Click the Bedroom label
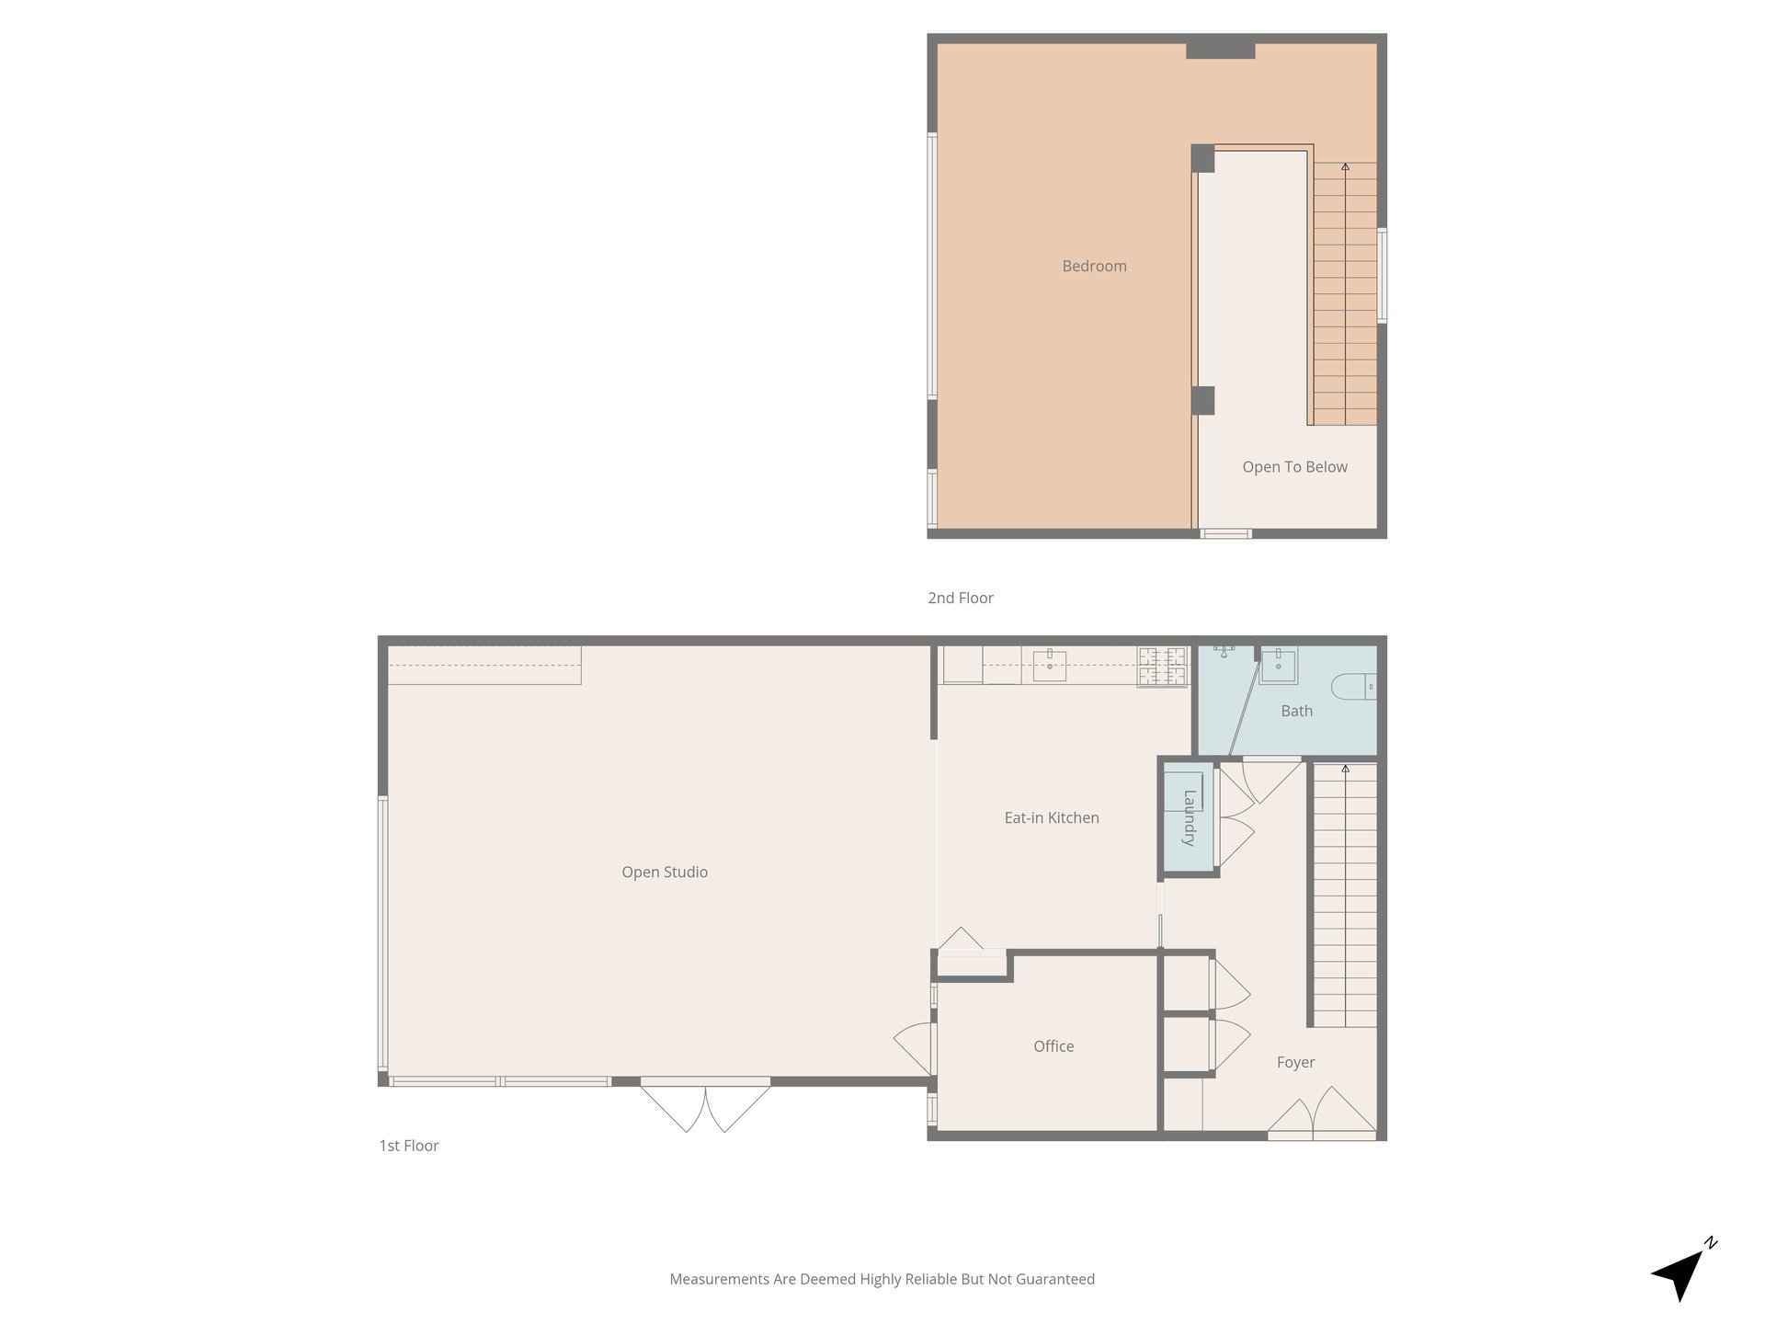(1094, 267)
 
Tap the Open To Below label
(1294, 467)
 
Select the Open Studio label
(665, 873)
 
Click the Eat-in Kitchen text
(1052, 817)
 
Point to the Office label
(1053, 1046)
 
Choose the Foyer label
(1295, 1063)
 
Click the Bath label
(1296, 711)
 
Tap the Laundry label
(1190, 817)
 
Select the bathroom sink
(1278, 666)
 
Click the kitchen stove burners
(1163, 667)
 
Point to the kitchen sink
(1049, 664)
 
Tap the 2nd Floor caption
(961, 598)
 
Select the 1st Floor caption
(409, 1146)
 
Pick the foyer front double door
(1322, 1114)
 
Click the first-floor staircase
(1344, 896)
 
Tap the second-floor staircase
(1345, 293)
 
